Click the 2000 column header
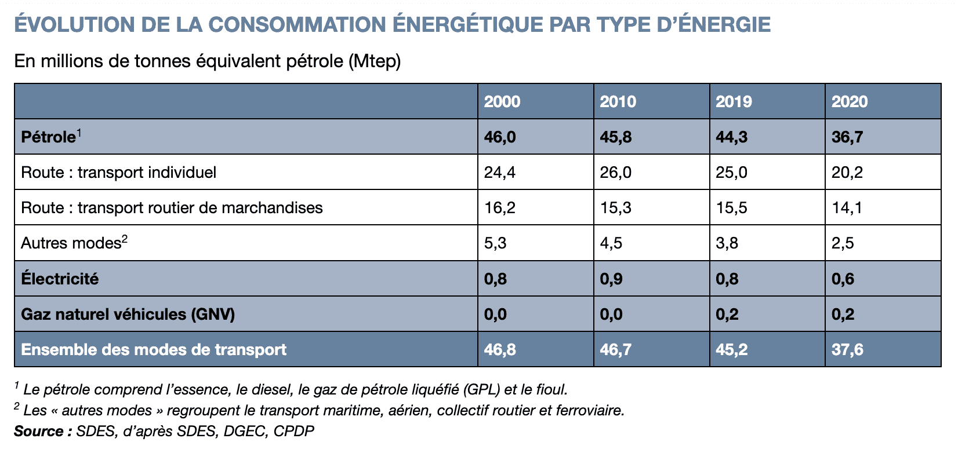pos(502,101)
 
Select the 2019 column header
pos(734,101)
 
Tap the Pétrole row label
pos(49,137)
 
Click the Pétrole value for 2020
pos(847,137)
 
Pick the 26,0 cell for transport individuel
pos(615,173)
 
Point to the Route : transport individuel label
pos(118,173)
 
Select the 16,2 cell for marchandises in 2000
pos(499,208)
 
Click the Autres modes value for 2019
pos(727,243)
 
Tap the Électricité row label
pos(60,279)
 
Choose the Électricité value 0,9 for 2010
pos(611,279)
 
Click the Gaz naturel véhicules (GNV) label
pos(128,314)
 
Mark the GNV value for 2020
pos(843,314)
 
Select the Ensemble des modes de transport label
pos(154,349)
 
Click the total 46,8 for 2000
pos(500,349)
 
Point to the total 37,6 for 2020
pos(847,349)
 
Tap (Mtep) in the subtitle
pos(375,61)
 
